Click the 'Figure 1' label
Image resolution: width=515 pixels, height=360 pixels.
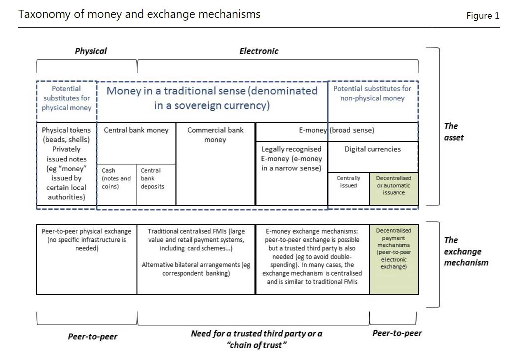pyautogui.click(x=483, y=16)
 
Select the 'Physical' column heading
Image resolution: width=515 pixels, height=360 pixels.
pyautogui.click(x=91, y=51)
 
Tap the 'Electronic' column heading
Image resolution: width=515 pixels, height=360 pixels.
pyautogui.click(x=259, y=51)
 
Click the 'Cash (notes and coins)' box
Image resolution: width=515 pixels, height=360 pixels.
pyautogui.click(x=116, y=185)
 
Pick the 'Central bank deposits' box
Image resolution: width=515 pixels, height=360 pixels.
pyautogui.click(x=156, y=185)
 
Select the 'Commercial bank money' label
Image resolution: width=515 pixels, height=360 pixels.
pyautogui.click(x=215, y=135)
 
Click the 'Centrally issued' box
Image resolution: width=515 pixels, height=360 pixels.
pyautogui.click(x=349, y=189)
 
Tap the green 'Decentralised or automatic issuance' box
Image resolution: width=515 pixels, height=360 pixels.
pyautogui.click(x=394, y=189)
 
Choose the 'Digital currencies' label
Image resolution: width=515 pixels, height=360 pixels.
pyautogui.click(x=373, y=149)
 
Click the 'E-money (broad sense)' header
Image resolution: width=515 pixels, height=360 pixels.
pyautogui.click(x=336, y=130)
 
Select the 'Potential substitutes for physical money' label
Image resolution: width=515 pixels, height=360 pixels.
pyautogui.click(x=67, y=98)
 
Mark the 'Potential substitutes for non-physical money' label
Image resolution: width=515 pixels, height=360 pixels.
pyautogui.click(x=372, y=93)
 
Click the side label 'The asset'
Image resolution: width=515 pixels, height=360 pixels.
pyautogui.click(x=454, y=132)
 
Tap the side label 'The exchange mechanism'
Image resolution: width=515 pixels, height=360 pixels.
pyautogui.click(x=466, y=251)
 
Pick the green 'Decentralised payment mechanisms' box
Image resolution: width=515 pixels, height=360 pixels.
pyautogui.click(x=394, y=259)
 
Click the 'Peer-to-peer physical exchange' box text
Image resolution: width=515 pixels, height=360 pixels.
pyautogui.click(x=87, y=239)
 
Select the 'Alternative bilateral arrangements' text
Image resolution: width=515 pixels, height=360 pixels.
pyautogui.click(x=196, y=269)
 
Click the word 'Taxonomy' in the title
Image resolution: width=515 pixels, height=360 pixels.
pyautogui.click(x=44, y=15)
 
